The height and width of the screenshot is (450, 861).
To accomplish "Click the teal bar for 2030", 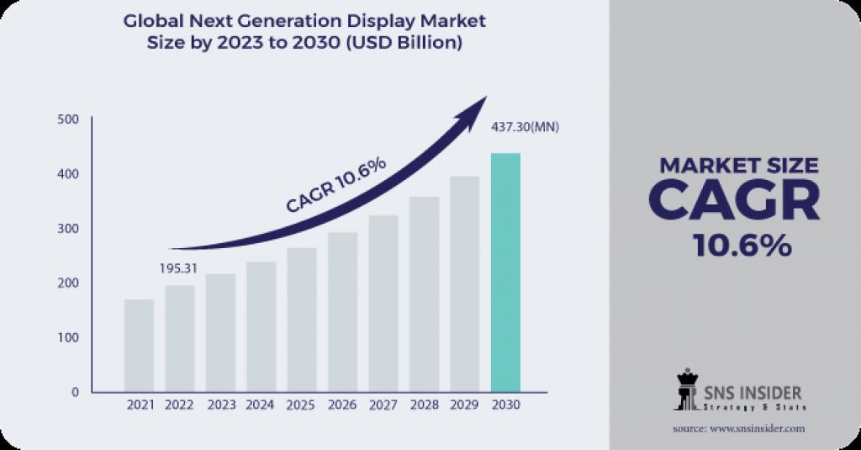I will pos(505,272).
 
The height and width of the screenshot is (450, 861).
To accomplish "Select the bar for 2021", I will pos(139,345).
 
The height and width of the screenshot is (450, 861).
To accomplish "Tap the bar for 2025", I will pos(302,320).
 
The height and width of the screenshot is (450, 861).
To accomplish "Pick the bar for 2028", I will pos(424,294).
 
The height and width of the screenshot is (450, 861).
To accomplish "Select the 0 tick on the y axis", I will pos(75,392).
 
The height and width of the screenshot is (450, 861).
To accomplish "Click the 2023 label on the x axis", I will pos(221,405).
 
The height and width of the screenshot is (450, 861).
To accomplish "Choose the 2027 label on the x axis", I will pos(383,405).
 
